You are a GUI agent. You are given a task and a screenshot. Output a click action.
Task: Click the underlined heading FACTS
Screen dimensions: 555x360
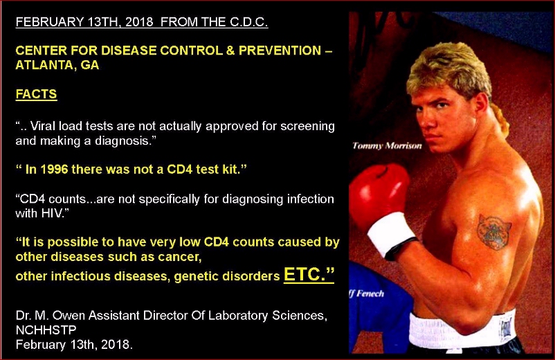point(36,94)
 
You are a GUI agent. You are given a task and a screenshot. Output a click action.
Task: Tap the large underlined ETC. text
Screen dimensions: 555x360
point(309,274)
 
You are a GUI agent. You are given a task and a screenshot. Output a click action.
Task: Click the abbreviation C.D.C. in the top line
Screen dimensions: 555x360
point(249,22)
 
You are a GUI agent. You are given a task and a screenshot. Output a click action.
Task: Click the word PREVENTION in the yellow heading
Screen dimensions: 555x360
point(280,51)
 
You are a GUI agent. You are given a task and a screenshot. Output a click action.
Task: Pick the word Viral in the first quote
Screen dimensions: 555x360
point(42,126)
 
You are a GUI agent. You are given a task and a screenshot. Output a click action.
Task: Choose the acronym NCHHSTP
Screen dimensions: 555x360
point(46,330)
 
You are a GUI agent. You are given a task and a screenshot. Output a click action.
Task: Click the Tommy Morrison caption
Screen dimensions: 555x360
point(387,146)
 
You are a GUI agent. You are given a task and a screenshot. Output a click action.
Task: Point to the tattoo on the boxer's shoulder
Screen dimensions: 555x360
point(494,232)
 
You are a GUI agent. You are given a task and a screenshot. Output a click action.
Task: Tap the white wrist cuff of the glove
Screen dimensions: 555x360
point(391,233)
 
